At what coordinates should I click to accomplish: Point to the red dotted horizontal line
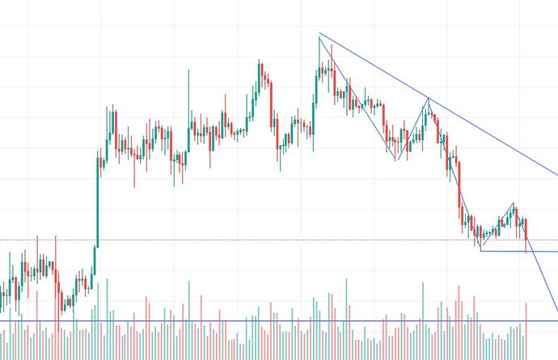coord(243,239)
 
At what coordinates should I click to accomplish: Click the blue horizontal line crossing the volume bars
coord(243,321)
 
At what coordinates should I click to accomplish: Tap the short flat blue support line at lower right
coord(518,251)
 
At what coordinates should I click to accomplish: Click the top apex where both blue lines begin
coord(319,34)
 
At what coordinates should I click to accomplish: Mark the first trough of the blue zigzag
coord(396,159)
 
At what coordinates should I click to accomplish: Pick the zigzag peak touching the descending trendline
coord(428,99)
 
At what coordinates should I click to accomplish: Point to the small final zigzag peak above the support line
coord(513,204)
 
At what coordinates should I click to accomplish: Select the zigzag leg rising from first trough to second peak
coord(412,129)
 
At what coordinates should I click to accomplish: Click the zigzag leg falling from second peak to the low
coord(454,175)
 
